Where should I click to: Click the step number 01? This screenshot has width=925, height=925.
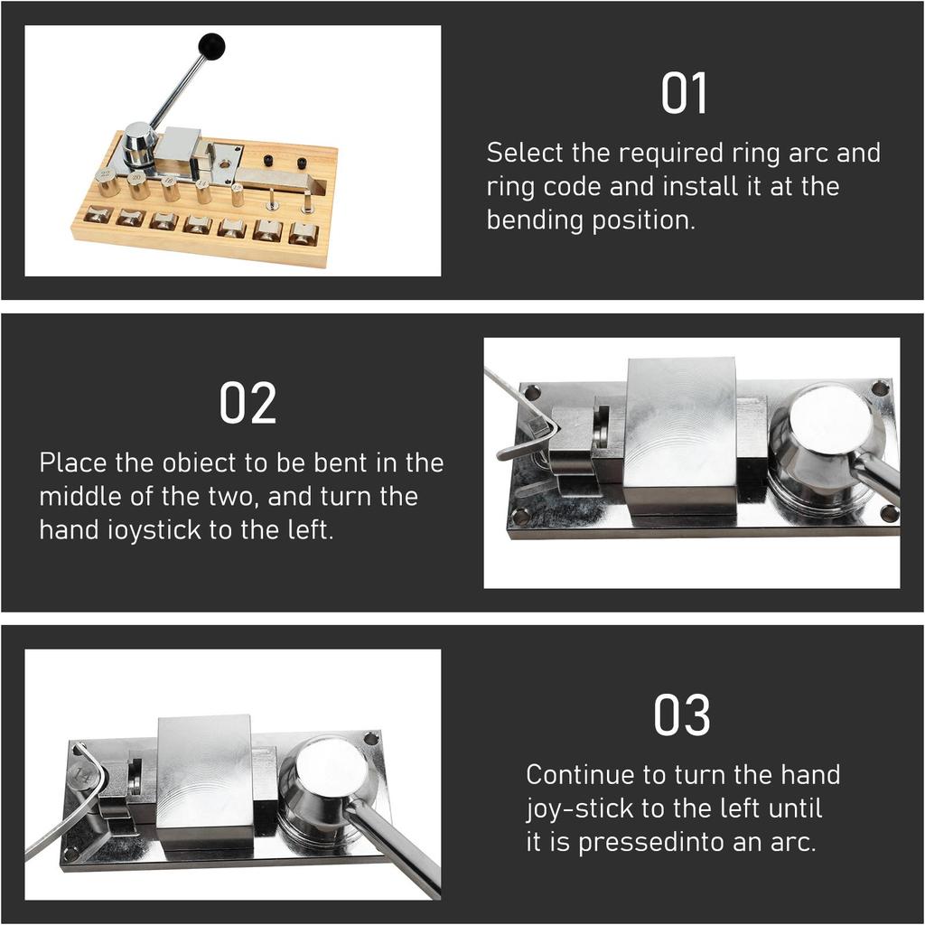(684, 95)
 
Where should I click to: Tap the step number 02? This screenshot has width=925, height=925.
(248, 404)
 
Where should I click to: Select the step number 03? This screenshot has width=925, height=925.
(682, 716)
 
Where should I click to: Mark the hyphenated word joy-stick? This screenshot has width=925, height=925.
(576, 808)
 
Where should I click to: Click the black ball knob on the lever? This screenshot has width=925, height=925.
(211, 46)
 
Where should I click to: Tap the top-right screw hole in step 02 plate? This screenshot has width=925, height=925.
(880, 388)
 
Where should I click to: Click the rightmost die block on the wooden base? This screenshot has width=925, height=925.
(303, 233)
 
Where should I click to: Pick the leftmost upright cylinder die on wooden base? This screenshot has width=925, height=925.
(107, 182)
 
